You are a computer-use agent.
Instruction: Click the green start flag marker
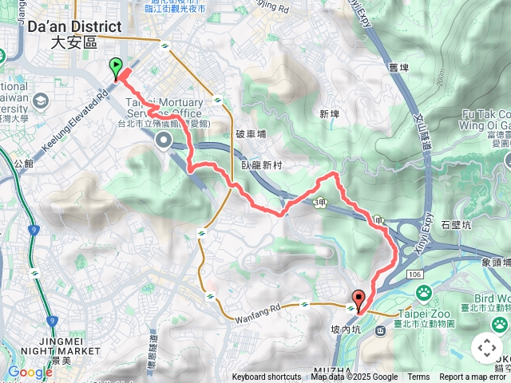click(x=116, y=69)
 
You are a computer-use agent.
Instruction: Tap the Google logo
click(x=30, y=372)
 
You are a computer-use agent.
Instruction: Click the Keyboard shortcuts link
click(x=267, y=377)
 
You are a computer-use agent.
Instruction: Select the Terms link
click(x=418, y=377)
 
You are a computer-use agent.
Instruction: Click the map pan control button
click(x=487, y=348)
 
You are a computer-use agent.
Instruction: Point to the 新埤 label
click(x=329, y=114)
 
